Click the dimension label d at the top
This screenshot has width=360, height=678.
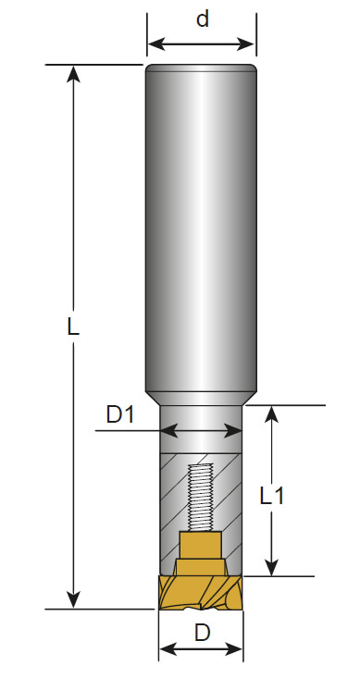click(x=202, y=19)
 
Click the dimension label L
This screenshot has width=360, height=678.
click(x=73, y=327)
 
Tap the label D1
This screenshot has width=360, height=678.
click(x=120, y=415)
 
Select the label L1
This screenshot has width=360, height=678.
click(x=272, y=496)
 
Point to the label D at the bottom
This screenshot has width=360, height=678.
click(x=202, y=634)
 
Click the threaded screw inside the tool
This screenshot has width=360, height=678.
click(x=201, y=498)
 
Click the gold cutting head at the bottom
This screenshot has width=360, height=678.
click(x=201, y=592)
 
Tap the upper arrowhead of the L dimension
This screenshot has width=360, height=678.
click(x=73, y=73)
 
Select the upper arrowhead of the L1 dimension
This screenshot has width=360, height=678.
click(x=271, y=414)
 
